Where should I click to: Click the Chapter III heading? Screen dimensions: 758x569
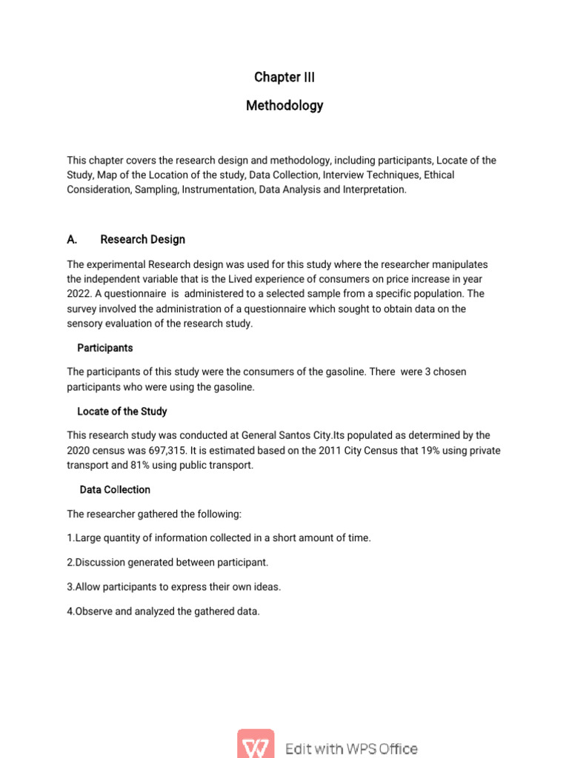point(284,77)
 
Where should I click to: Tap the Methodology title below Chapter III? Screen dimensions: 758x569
point(284,106)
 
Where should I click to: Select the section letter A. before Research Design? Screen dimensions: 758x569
point(72,240)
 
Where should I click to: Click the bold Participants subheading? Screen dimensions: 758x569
point(105,348)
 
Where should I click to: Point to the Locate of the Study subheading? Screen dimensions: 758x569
point(122,412)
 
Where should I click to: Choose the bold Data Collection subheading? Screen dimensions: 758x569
point(115,490)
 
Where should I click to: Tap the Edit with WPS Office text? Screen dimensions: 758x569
point(351,749)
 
